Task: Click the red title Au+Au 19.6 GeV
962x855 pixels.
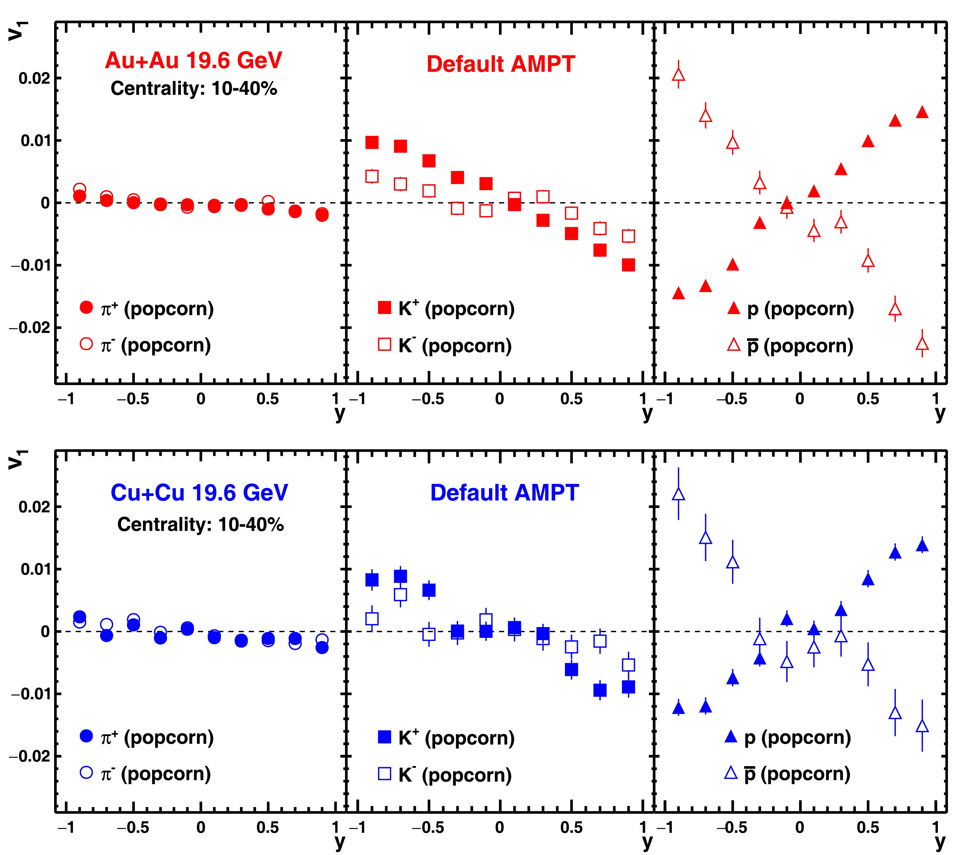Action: [x=193, y=60]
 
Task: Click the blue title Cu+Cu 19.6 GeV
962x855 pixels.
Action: [x=199, y=493]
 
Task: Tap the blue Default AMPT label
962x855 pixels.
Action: [x=504, y=493]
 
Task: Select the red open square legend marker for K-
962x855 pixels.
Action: [x=385, y=344]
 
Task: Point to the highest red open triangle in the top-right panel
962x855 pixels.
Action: [x=678, y=75]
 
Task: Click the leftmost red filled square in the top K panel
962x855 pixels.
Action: [x=372, y=142]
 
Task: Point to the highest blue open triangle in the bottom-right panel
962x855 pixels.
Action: [x=678, y=494]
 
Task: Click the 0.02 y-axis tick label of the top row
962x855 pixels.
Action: [x=34, y=78]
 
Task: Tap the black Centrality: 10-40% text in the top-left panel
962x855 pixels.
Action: [x=193, y=88]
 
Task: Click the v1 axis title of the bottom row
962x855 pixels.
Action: [x=17, y=460]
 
